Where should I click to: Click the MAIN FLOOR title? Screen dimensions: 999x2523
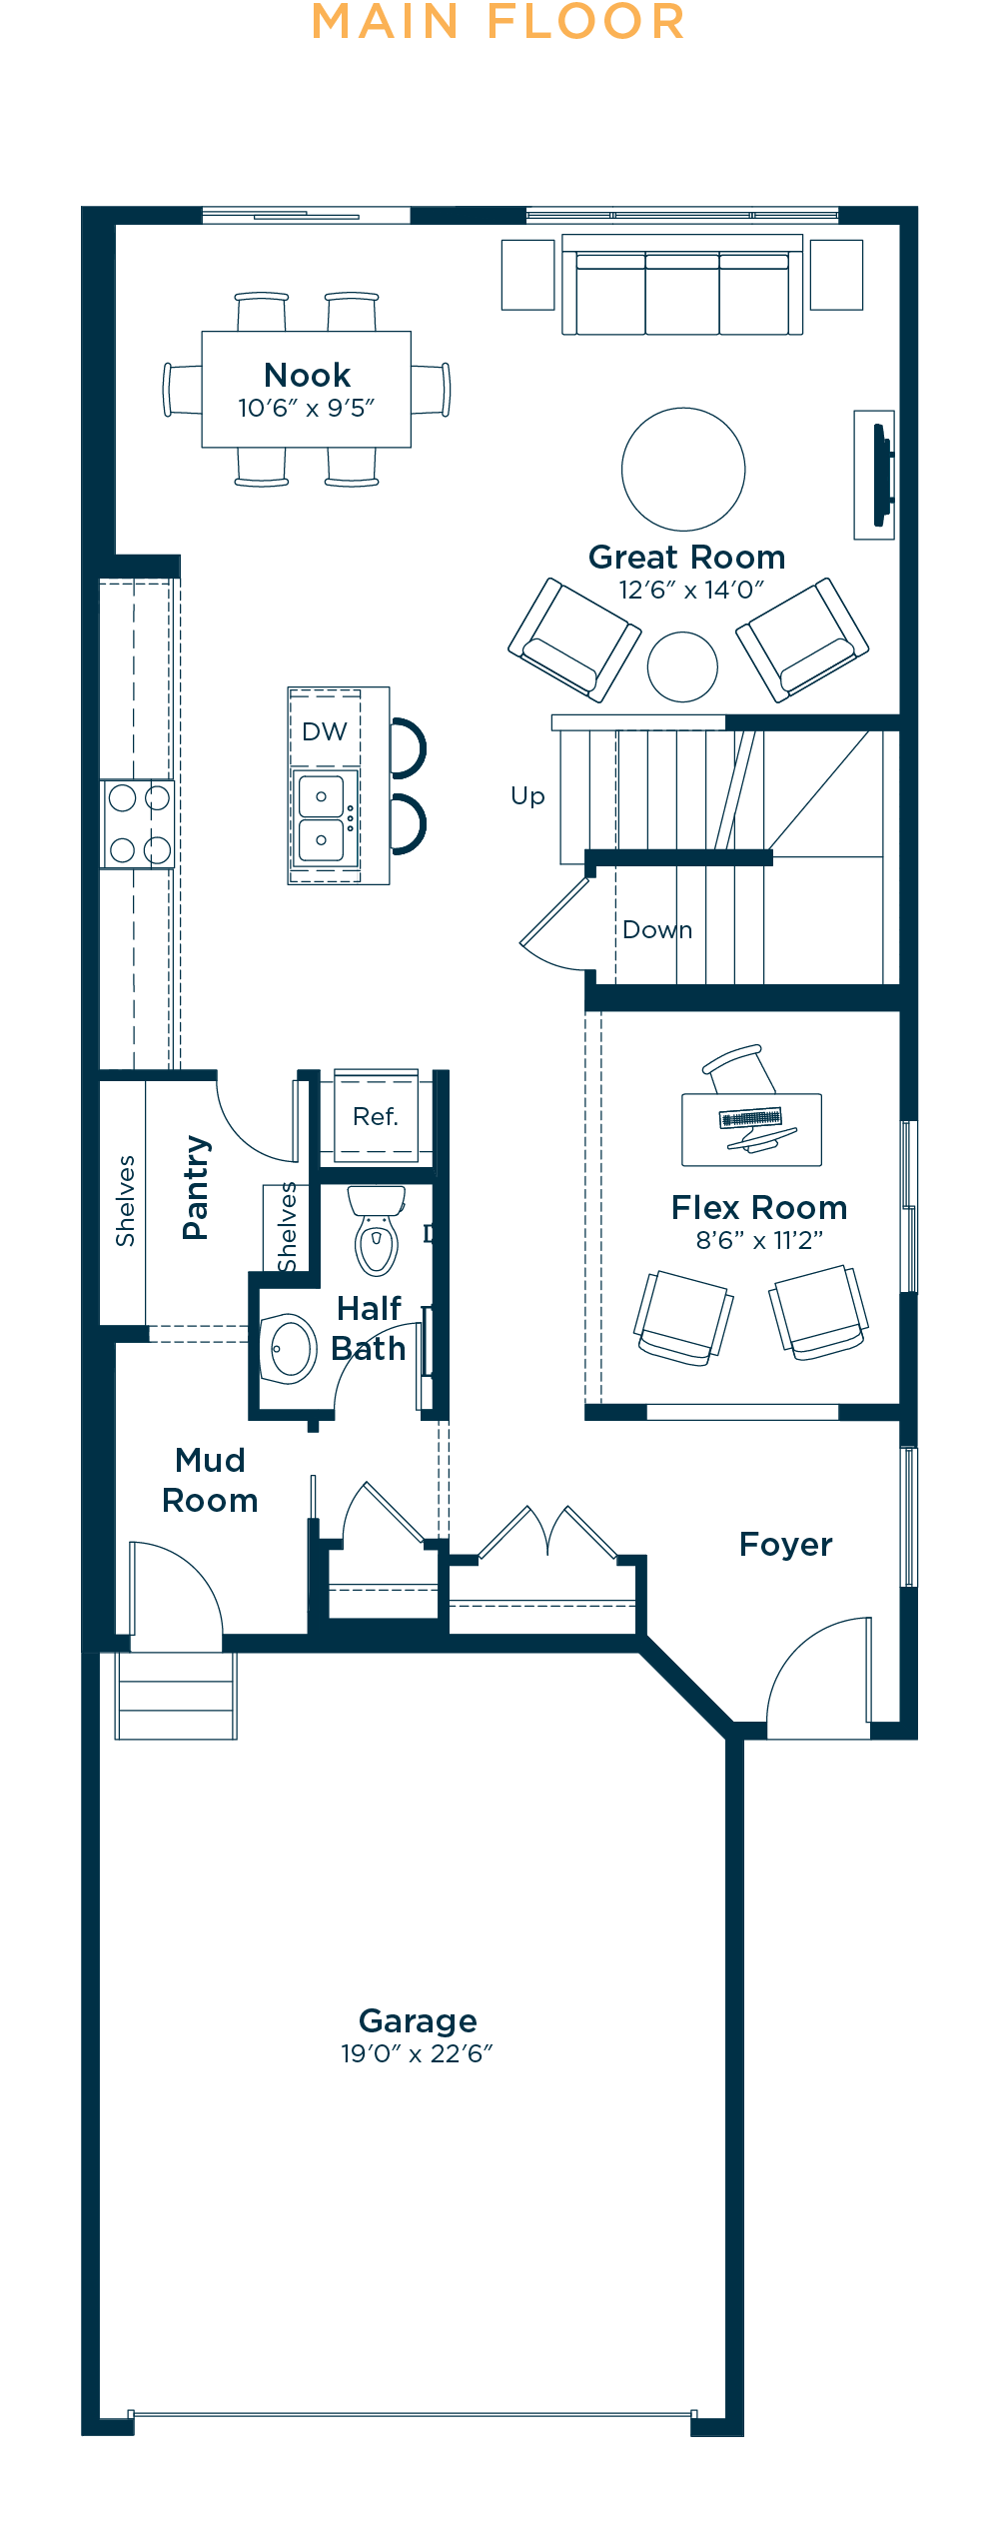499,22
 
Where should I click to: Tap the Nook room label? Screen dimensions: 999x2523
307,375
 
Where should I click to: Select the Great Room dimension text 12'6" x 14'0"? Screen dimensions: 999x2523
691,590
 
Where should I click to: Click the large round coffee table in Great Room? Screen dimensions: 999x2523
683,469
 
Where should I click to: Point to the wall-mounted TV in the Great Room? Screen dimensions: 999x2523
881,475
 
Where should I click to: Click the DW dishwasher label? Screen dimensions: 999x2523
324,731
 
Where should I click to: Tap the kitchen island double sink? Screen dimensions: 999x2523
322,818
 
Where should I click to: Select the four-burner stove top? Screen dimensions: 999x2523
139,824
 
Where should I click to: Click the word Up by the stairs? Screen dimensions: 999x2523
527,795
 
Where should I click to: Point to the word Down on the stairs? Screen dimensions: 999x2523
657,930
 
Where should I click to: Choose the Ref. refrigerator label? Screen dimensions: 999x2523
376,1116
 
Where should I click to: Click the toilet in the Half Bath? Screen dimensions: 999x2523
377,1230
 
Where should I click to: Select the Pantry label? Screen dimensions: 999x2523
196,1188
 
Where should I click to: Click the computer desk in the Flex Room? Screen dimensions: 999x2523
751,1129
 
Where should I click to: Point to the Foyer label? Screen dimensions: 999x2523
785,1545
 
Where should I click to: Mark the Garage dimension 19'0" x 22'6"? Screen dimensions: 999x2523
418,2053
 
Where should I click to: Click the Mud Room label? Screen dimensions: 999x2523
210,1480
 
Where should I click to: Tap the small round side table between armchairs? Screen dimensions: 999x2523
682,666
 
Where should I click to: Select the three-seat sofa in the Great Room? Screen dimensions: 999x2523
682,286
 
